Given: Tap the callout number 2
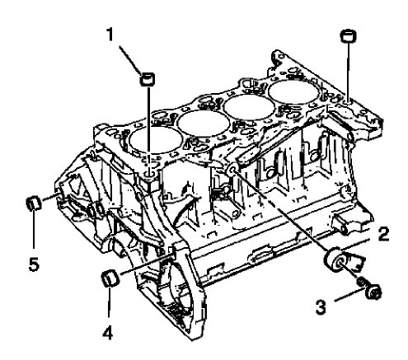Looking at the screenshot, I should coord(382,234).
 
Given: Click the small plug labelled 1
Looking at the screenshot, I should coord(148,78).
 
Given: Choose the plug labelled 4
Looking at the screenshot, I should coord(108,276).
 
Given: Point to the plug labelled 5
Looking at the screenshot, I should coord(35,202).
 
